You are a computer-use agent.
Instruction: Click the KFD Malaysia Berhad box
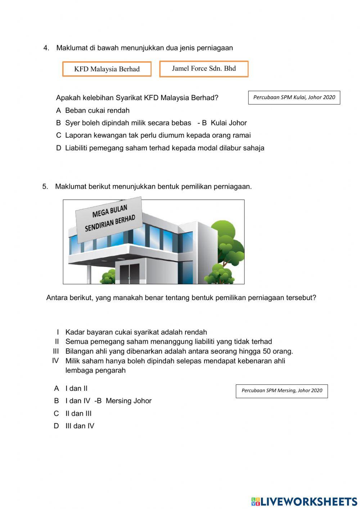point(107,69)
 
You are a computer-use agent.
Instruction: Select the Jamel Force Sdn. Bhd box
point(204,69)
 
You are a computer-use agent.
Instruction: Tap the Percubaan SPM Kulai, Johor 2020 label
point(294,98)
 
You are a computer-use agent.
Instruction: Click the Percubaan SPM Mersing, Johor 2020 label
point(282,391)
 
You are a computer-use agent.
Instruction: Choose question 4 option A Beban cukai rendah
point(93,111)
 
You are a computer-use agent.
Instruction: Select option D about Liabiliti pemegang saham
point(160,148)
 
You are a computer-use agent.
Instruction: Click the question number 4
point(46,48)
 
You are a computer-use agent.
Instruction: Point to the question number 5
point(45,187)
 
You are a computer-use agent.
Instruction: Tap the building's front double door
point(129,274)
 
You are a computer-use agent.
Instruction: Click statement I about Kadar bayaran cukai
point(136,332)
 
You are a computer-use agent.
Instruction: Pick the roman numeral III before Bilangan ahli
point(56,351)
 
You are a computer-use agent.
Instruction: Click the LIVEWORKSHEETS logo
point(304,501)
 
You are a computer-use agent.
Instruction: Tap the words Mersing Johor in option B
point(129,401)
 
